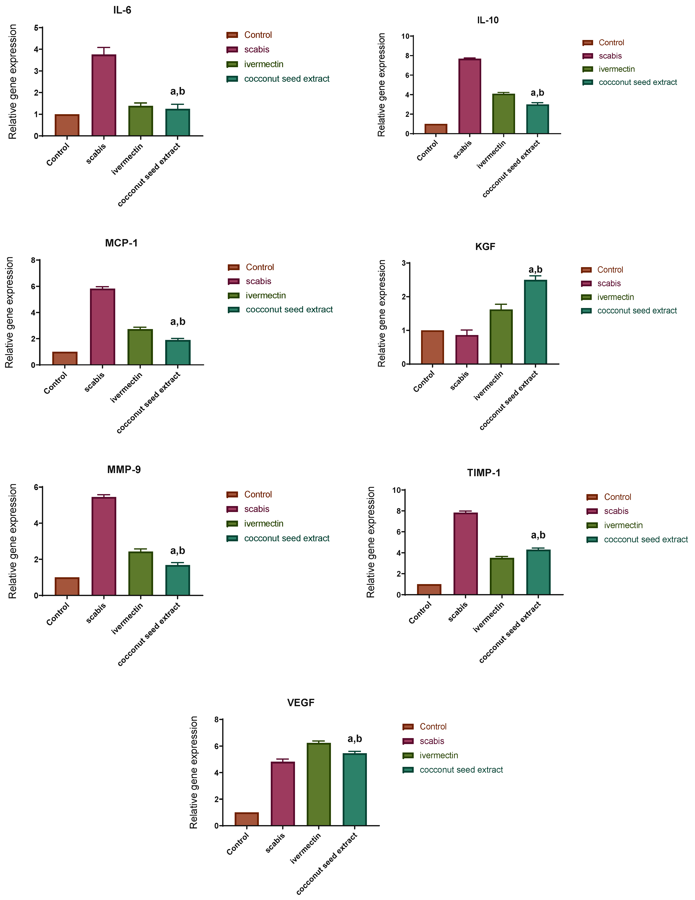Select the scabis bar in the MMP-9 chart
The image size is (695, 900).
pyautogui.click(x=104, y=546)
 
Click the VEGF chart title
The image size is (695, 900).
pyautogui.click(x=301, y=703)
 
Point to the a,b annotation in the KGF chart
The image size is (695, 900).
pyautogui.click(x=536, y=269)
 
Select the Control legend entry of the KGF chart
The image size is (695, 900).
pyautogui.click(x=610, y=270)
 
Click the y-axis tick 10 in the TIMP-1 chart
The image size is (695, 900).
pyautogui.click(x=396, y=490)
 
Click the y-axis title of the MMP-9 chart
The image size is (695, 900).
pyautogui.click(x=13, y=541)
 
